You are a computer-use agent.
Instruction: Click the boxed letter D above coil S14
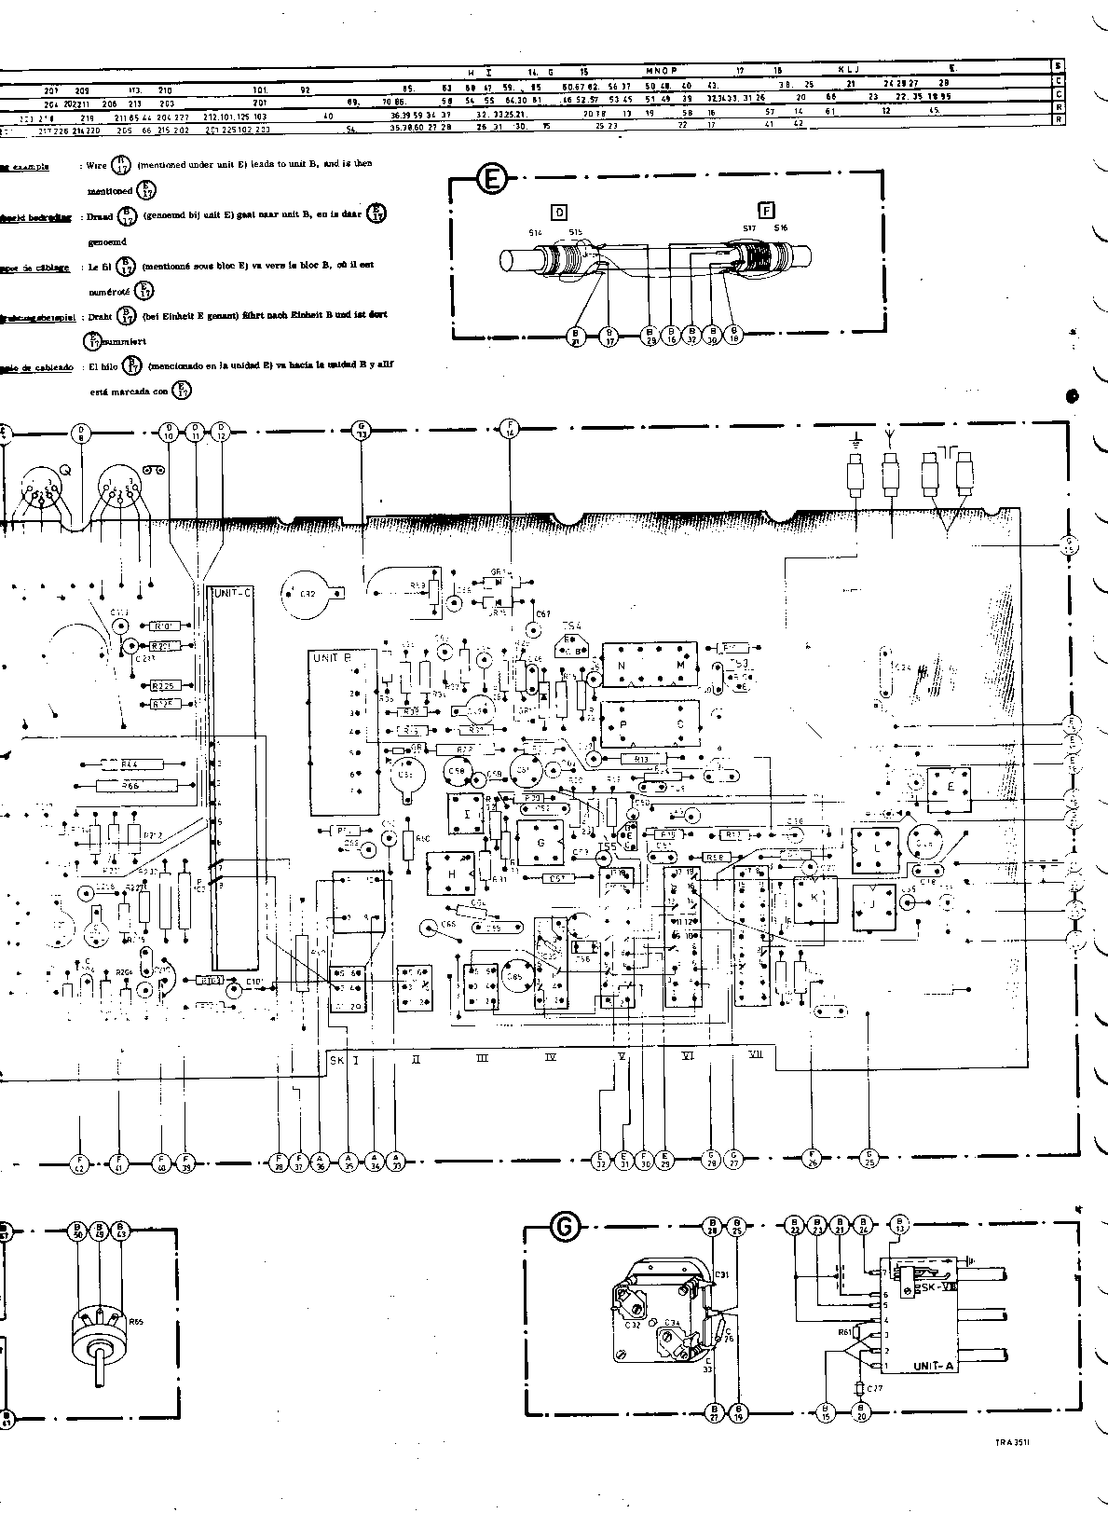(559, 213)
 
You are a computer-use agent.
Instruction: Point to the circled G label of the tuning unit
(564, 1229)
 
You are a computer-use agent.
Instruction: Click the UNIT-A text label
(932, 1365)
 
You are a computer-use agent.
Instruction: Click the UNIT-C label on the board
(233, 593)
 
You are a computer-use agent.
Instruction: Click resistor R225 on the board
(167, 685)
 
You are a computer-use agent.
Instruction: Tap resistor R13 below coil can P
(641, 758)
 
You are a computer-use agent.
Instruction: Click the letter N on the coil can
(622, 666)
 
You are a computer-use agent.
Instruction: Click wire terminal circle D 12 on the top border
(221, 433)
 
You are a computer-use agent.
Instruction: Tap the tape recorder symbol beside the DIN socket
(155, 471)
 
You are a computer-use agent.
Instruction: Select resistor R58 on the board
(715, 857)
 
